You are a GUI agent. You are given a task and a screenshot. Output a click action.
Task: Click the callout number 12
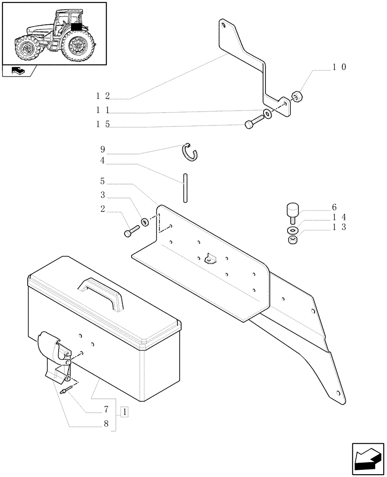pos(102,96)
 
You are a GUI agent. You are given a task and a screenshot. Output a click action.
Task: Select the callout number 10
pos(339,67)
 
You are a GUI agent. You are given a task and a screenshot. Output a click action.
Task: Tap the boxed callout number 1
pos(124,411)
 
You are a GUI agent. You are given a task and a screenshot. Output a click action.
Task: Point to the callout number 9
pos(102,149)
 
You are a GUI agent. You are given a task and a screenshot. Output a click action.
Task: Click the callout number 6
pos(334,207)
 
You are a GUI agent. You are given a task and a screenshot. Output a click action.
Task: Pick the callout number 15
pos(102,124)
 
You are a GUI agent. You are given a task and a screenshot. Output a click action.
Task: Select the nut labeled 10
pos(296,97)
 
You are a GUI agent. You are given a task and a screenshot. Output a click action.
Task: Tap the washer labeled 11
pos(268,114)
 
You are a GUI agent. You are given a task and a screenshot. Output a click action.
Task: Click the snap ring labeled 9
pos(191,152)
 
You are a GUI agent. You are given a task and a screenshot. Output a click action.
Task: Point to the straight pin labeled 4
pos(183,189)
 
